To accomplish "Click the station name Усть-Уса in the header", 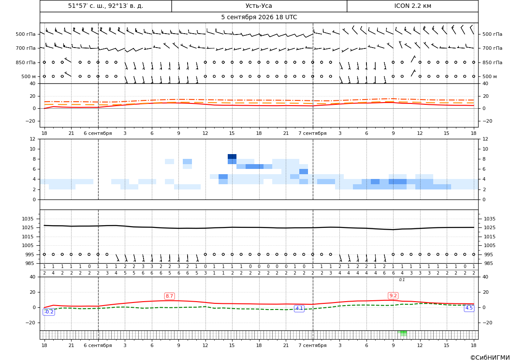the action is pyautogui.click(x=259, y=6).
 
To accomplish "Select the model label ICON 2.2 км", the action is pyautogui.click(x=412, y=6).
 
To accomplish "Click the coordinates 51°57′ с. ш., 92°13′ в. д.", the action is pyautogui.click(x=106, y=6).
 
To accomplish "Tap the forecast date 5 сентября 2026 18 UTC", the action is pyautogui.click(x=259, y=17).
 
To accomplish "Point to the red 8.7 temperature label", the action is pyautogui.click(x=169, y=296).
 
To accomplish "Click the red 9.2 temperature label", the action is pyautogui.click(x=393, y=296).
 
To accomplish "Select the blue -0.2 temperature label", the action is pyautogui.click(x=48, y=312).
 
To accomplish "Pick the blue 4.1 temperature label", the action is pyautogui.click(x=299, y=308).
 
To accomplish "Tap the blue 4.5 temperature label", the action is pyautogui.click(x=469, y=308).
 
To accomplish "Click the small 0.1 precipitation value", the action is pyautogui.click(x=402, y=280).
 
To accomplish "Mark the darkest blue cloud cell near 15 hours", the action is pyautogui.click(x=232, y=157).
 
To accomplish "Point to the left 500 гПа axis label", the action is pyautogui.click(x=26, y=34).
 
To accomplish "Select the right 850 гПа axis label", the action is pyautogui.click(x=493, y=62).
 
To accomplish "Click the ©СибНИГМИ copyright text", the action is pyautogui.click(x=490, y=358).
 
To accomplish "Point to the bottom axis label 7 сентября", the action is pyautogui.click(x=312, y=345).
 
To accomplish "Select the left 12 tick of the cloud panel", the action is pyautogui.click(x=33, y=139).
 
